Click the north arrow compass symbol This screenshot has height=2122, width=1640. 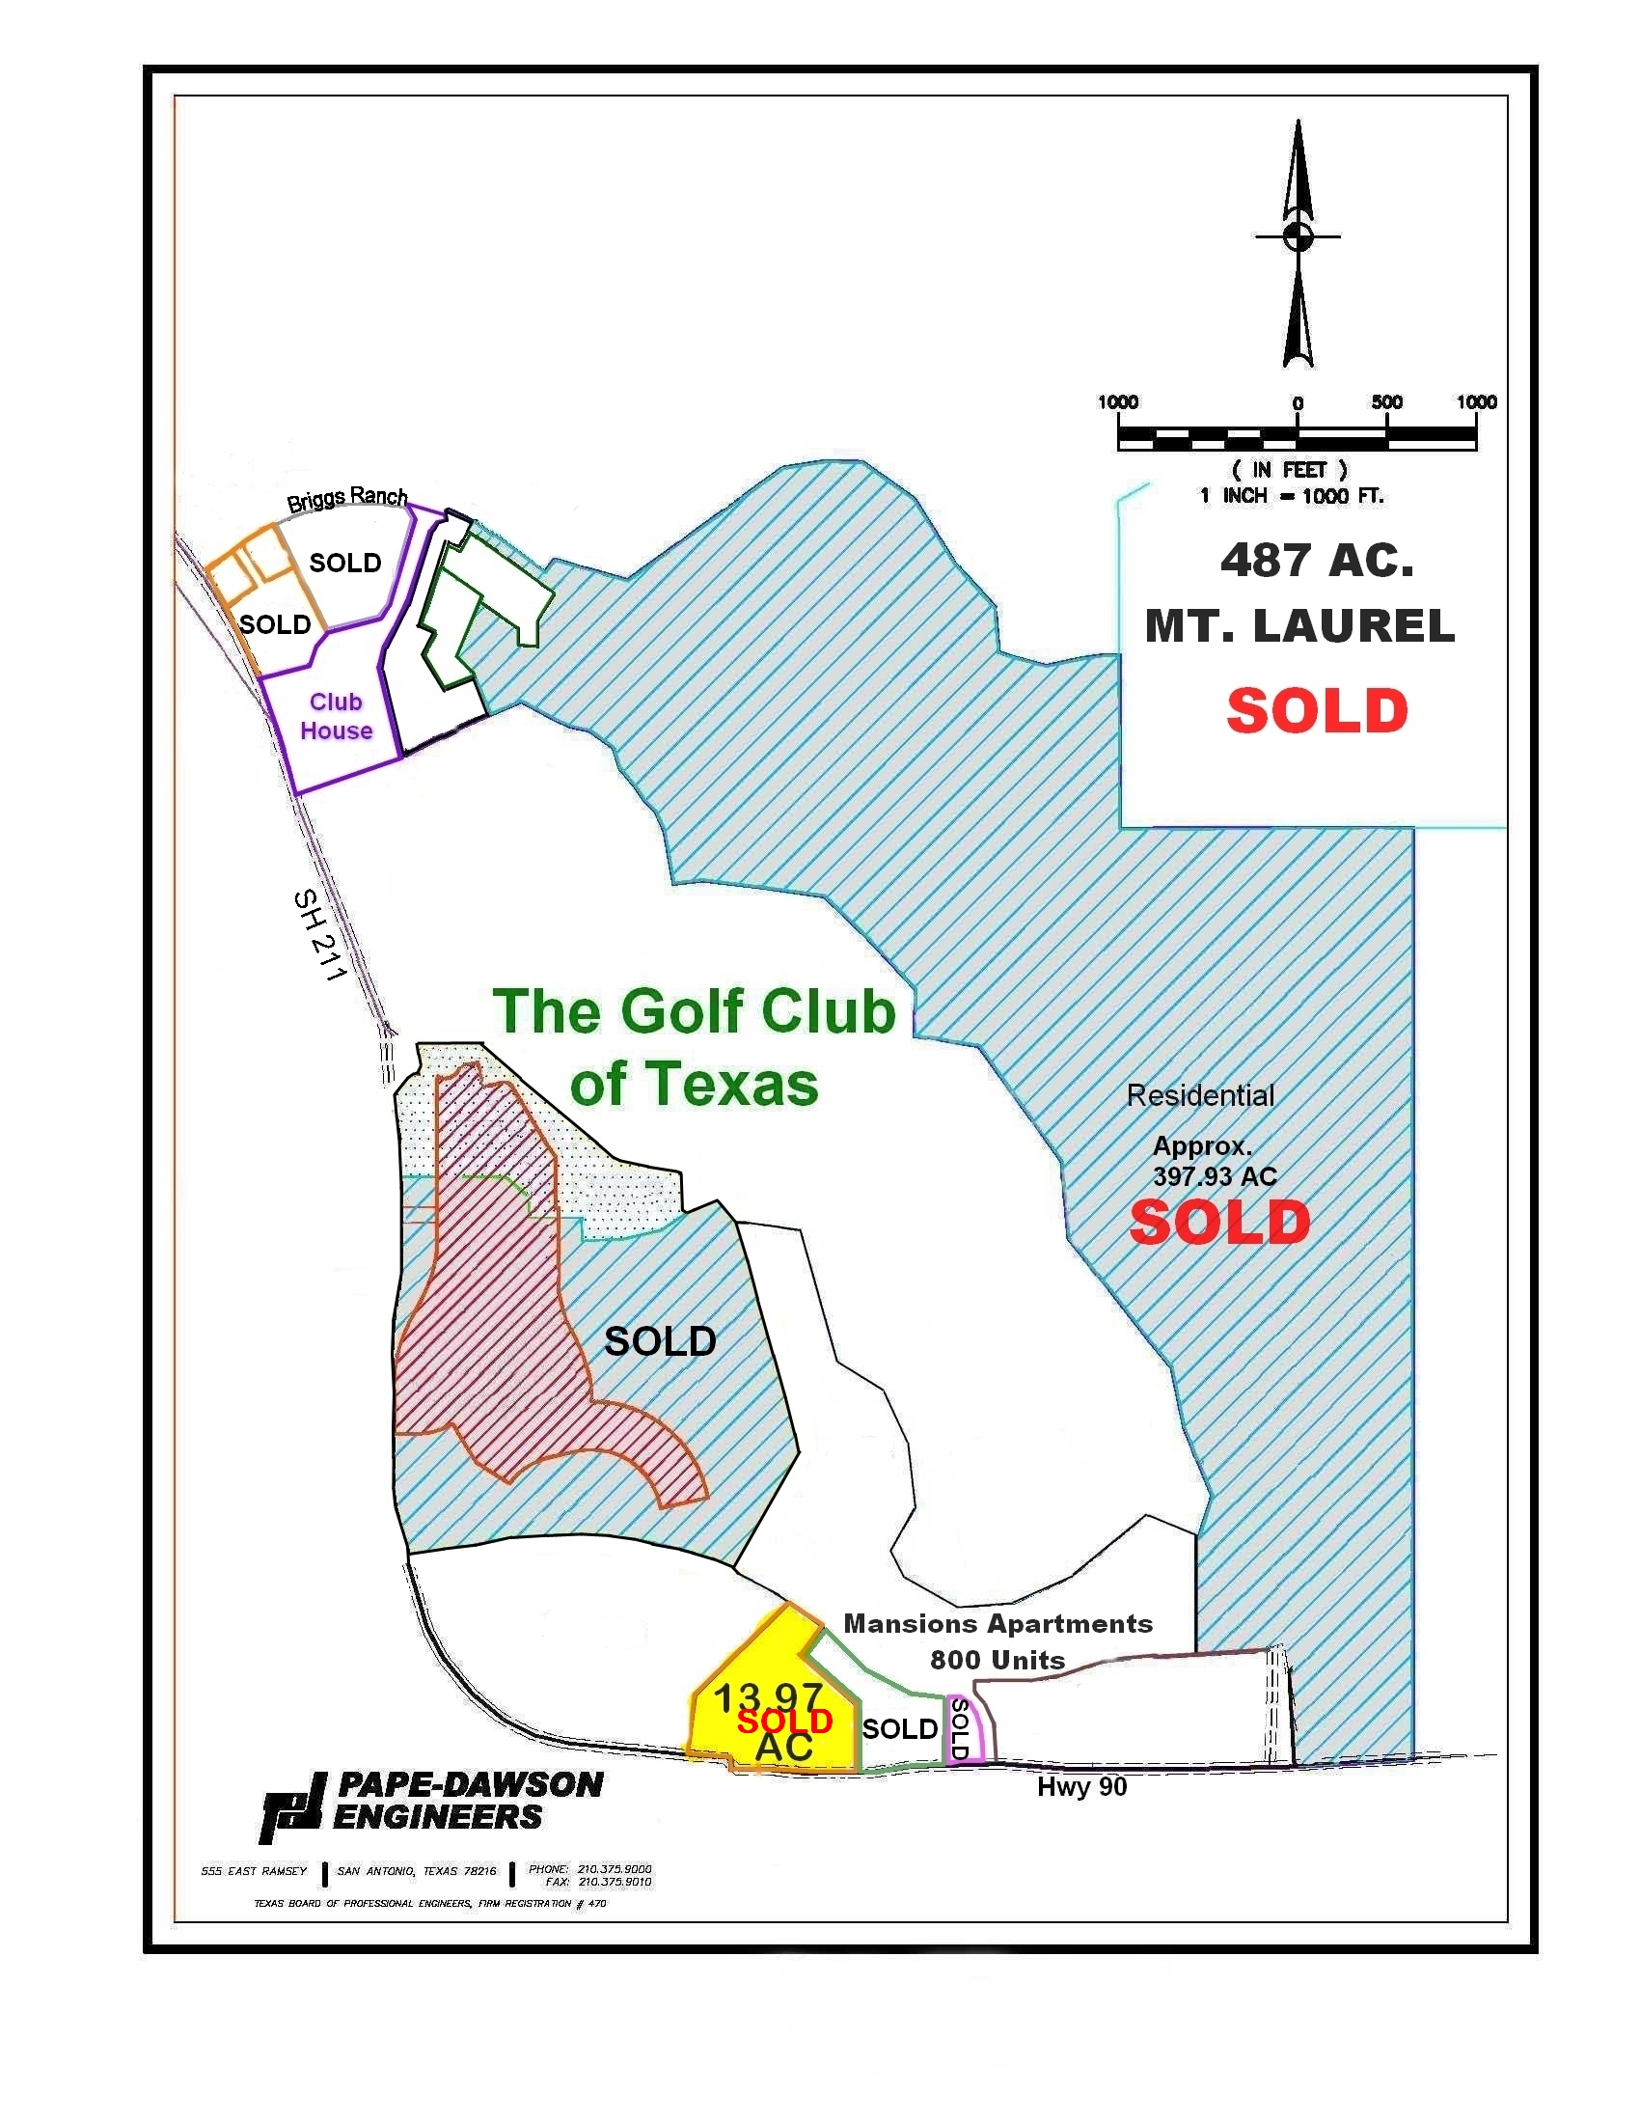[1298, 243]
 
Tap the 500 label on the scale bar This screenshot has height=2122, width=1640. [1386, 402]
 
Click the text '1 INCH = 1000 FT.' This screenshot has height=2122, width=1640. [1291, 497]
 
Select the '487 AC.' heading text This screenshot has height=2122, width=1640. [1317, 561]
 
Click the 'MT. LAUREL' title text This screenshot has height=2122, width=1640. [1300, 625]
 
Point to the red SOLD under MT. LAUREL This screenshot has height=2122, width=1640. [1317, 711]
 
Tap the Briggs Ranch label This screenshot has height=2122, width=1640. [347, 499]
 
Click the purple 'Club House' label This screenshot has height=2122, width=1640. [336, 716]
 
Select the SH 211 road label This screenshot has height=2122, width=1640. [318, 935]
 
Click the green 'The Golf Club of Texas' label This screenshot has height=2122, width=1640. [694, 1046]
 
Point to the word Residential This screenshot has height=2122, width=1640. [1200, 1096]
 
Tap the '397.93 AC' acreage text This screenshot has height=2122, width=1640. [1215, 1176]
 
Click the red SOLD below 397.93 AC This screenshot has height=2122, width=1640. [1219, 1223]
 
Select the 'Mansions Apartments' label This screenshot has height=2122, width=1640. [998, 1623]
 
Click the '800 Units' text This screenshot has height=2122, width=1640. [998, 1660]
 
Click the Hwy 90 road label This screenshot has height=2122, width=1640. [1081, 1787]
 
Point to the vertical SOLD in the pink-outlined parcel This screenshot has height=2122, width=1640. [959, 1728]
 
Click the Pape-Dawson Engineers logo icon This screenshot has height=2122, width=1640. [291, 1807]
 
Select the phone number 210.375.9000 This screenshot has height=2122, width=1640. [614, 1868]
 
